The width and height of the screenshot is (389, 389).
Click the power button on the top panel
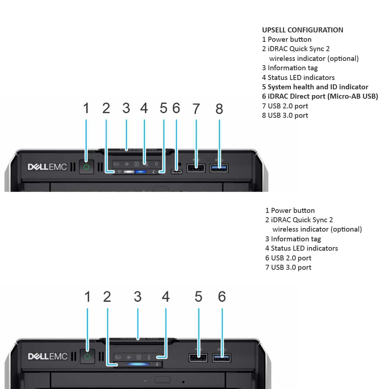[x=86, y=167]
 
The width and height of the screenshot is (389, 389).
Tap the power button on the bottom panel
[x=87, y=357]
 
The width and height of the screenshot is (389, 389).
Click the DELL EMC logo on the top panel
[x=47, y=167]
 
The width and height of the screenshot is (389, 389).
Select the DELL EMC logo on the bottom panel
[x=48, y=357]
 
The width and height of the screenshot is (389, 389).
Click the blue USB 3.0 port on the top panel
[x=219, y=168]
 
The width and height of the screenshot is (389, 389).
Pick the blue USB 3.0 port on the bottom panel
[x=222, y=358]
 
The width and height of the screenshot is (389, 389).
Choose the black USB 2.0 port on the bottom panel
[x=198, y=358]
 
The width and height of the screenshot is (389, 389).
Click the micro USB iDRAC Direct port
[x=176, y=171]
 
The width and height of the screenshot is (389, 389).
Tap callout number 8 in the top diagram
[x=219, y=108]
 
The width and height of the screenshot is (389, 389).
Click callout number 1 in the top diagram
[x=86, y=108]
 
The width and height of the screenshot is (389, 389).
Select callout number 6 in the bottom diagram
[x=222, y=297]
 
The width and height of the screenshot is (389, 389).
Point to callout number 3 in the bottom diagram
[x=138, y=297]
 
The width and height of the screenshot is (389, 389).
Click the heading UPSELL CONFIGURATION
[x=303, y=30]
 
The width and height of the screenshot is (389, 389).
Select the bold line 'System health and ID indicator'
[x=315, y=87]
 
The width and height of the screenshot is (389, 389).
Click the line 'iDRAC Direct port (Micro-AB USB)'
[x=320, y=97]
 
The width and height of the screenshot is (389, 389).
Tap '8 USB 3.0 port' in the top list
[x=285, y=115]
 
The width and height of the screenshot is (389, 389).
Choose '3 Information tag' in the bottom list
[x=293, y=239]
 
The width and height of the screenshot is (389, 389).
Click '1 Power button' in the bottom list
[x=290, y=210]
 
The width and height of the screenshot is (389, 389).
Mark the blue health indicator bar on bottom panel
[x=137, y=364]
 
